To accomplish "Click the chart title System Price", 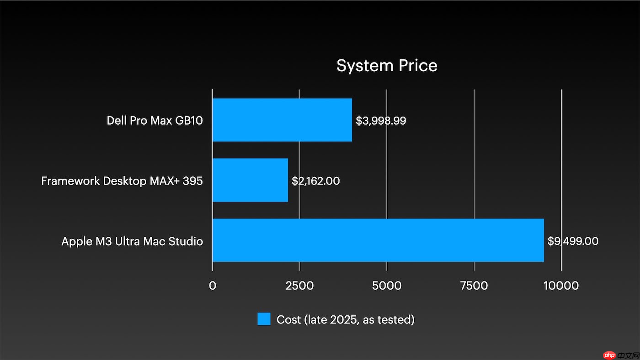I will click(387, 66).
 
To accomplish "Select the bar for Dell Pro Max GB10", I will click(282, 120).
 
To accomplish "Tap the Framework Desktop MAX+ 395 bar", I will click(250, 180).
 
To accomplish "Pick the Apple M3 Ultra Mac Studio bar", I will click(378, 240).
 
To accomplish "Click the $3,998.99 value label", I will click(381, 121).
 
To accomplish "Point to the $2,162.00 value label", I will click(316, 181).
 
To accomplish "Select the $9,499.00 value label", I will click(573, 241).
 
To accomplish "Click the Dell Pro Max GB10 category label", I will click(155, 121).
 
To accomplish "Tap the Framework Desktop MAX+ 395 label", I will click(122, 181).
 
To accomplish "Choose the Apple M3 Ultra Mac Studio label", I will click(132, 241).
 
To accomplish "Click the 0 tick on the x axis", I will click(213, 286).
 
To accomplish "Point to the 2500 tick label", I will click(299, 286).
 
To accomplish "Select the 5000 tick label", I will click(387, 286).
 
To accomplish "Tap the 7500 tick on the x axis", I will click(474, 286).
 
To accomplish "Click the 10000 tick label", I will click(561, 286).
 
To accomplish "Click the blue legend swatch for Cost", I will click(264, 319).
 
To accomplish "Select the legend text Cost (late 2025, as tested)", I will click(346, 319).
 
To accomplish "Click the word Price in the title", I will click(417, 66).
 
